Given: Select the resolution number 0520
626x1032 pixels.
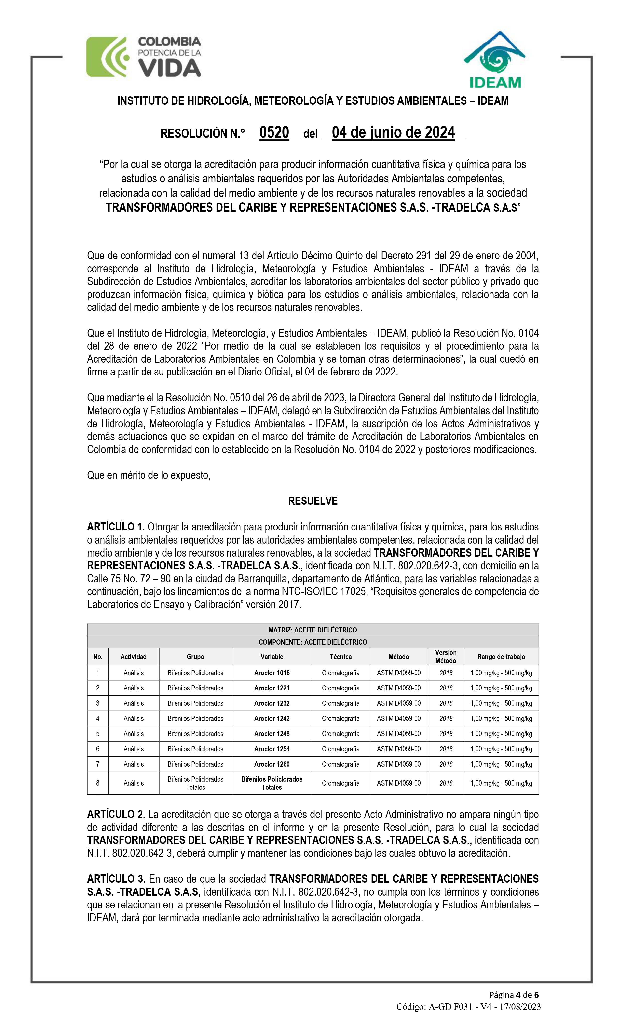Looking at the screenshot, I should [x=274, y=133].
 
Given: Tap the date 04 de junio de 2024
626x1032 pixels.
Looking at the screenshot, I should [x=393, y=133].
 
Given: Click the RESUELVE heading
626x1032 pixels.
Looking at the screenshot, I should [x=313, y=501].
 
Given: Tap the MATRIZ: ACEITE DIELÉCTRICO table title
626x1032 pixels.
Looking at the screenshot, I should [x=313, y=630].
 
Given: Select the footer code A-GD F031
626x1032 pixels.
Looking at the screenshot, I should [x=451, y=1007].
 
